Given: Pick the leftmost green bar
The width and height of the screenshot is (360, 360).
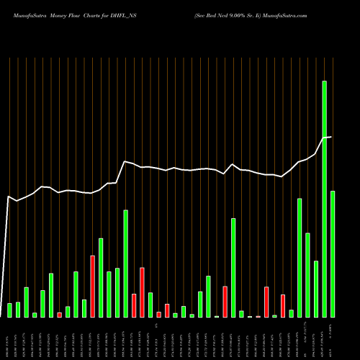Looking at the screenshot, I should click(10, 310).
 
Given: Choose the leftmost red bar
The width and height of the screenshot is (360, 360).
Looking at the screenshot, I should click(60, 315).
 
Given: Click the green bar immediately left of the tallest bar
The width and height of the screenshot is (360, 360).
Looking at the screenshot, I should click(316, 289).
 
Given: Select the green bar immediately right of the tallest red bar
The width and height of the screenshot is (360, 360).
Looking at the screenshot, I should click(101, 277).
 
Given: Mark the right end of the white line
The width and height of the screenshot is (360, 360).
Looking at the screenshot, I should click(331, 137).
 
